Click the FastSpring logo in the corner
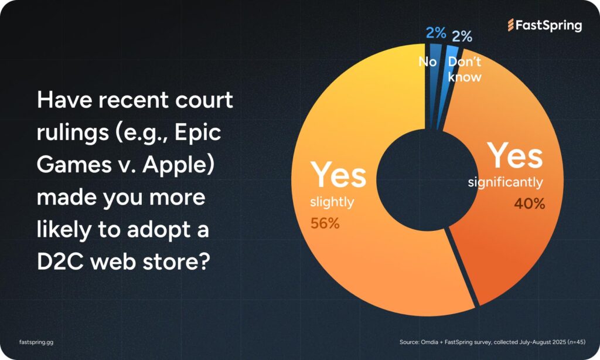coord(544,25)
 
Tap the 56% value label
coord(325,223)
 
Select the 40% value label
coord(530,203)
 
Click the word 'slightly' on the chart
coord(332,202)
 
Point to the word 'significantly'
coord(505,182)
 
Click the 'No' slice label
coord(427,62)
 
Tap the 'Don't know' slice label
coord(465,69)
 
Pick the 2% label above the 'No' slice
coord(436,33)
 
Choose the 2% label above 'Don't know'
coord(462,36)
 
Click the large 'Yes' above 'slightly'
coord(338,175)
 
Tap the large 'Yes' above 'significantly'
coord(514,155)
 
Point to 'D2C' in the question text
coord(60,261)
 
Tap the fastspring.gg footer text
coord(36,342)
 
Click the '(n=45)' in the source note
coord(577,342)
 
